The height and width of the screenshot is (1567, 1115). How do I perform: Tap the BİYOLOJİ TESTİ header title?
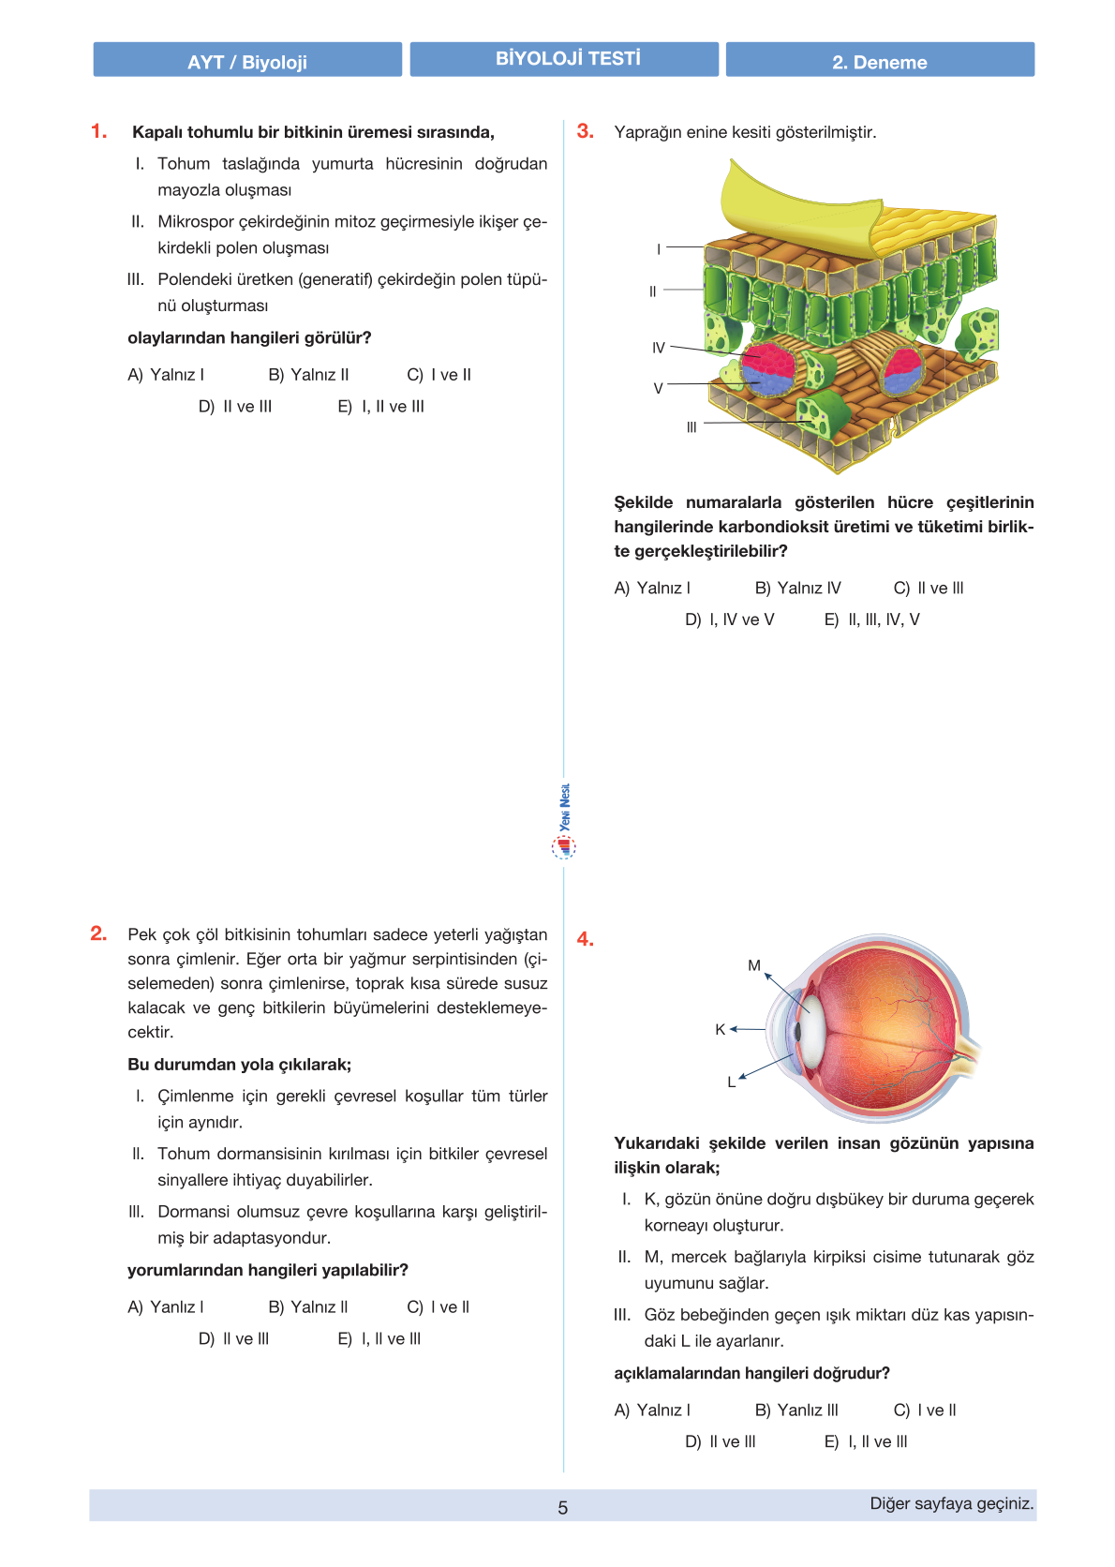coord(568,59)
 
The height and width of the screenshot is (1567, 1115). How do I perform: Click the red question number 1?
coord(99,131)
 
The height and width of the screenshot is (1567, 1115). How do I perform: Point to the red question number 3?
coord(586,131)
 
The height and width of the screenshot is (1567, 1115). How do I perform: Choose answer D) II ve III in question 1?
coord(235,407)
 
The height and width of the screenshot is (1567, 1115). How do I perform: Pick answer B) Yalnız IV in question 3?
coord(798,589)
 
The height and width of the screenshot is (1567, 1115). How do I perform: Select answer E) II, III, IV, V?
coord(872,619)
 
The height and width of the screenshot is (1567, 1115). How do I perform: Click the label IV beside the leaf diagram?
coord(659,348)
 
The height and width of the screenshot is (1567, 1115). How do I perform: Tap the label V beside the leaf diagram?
coord(658,388)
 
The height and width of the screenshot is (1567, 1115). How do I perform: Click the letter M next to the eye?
coord(754,965)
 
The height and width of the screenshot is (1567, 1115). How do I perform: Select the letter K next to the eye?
coord(720,1029)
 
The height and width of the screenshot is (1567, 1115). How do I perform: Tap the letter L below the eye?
coord(732,1082)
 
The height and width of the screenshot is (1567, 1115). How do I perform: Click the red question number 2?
coord(99,933)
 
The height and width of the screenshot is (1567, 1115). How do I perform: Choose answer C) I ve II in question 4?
coord(925,1410)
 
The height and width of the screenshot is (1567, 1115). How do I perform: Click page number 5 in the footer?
coord(562,1508)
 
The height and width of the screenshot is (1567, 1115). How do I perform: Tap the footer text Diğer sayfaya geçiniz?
coord(952,1504)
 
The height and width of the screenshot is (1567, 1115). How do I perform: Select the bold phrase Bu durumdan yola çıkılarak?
coord(240,1065)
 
